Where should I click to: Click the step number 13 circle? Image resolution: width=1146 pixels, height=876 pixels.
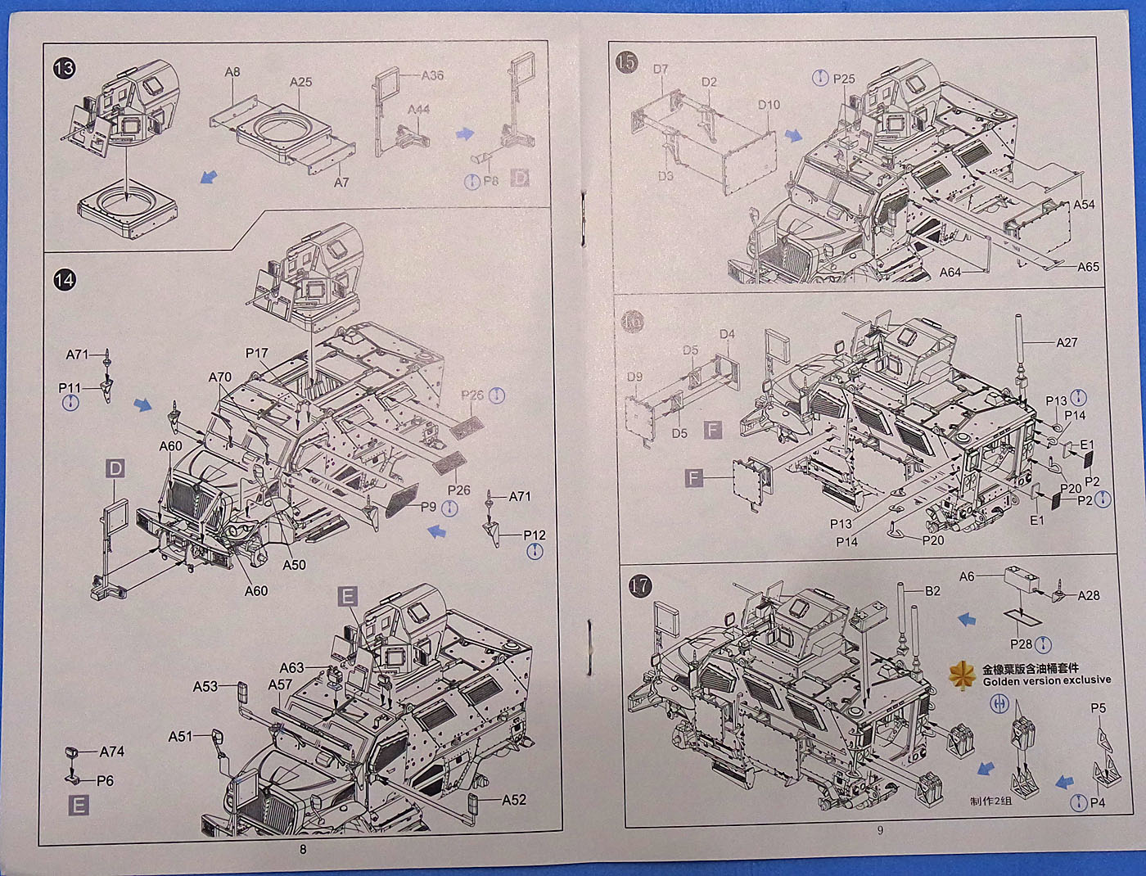point(63,68)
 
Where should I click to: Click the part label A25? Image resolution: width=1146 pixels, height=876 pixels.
point(300,83)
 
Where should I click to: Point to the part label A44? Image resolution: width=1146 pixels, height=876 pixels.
point(418,110)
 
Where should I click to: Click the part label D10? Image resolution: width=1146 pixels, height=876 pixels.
point(769,105)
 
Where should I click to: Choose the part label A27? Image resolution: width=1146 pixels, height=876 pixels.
point(1067,342)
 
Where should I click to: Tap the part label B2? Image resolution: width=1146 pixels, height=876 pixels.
point(932,590)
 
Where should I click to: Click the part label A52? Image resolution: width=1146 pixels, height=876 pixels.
point(514,800)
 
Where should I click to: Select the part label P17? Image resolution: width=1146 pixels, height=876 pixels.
point(256,354)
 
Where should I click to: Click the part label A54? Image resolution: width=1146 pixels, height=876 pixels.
point(1085,205)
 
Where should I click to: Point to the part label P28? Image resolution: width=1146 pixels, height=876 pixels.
point(1021,644)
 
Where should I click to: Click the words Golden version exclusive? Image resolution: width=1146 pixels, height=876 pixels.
point(1047,680)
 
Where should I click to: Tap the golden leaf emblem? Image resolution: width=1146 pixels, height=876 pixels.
point(959,674)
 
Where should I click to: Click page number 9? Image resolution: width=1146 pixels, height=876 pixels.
point(880,829)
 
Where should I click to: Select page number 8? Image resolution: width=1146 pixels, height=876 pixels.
point(303,850)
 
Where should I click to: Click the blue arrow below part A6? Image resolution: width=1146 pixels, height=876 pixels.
point(967,620)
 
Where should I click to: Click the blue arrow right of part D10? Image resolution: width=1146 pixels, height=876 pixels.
point(793,135)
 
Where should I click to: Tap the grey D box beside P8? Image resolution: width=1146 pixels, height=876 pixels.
point(520,178)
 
